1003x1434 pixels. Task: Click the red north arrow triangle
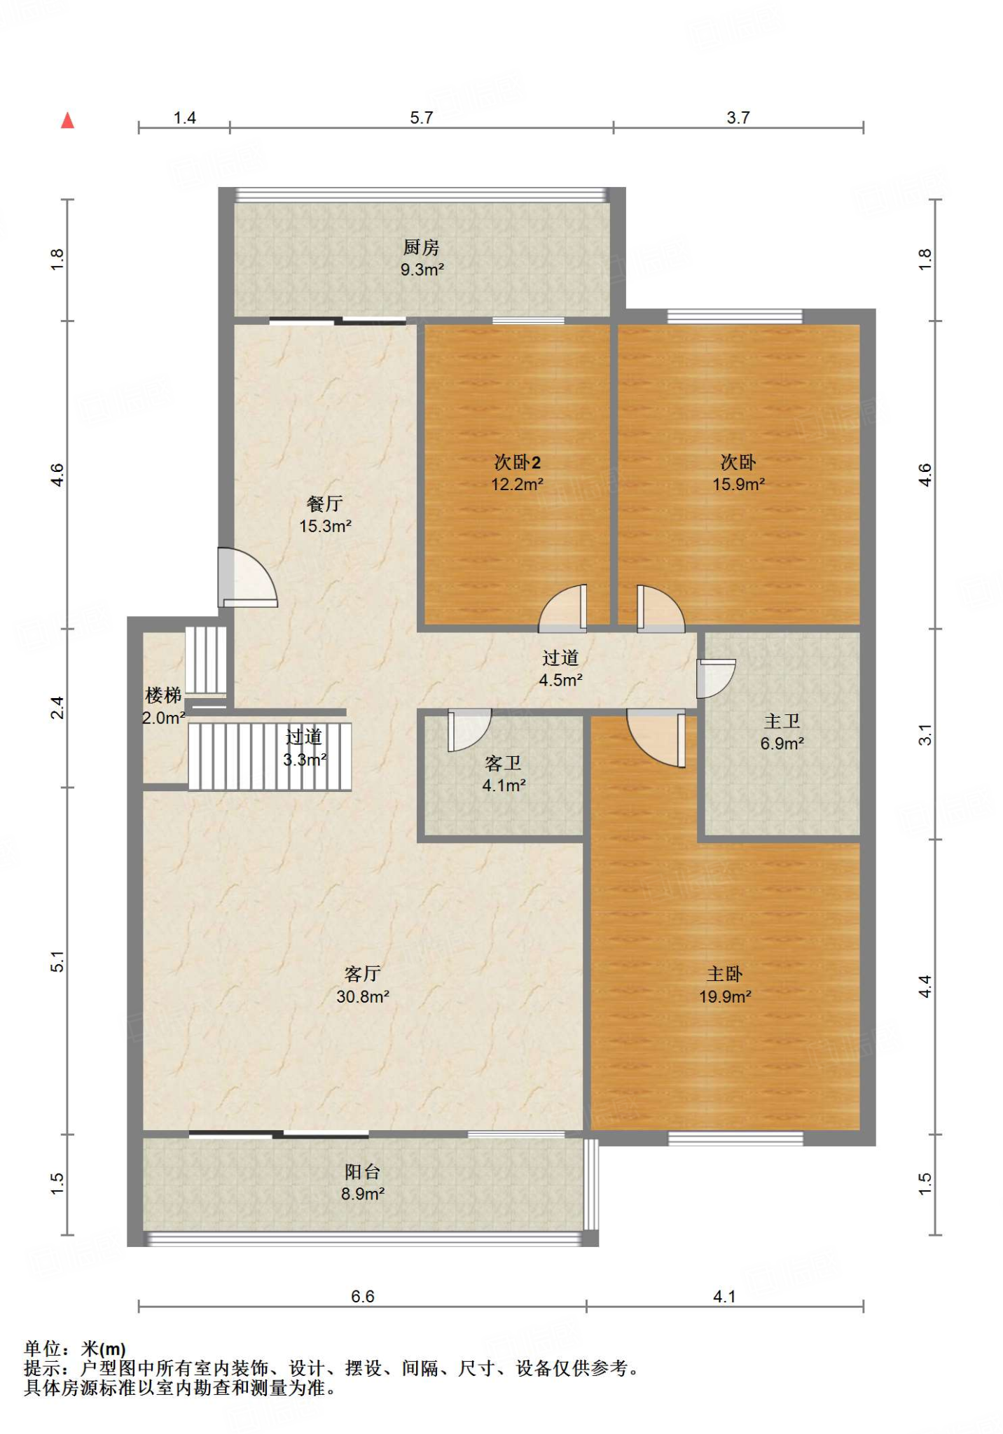tap(67, 120)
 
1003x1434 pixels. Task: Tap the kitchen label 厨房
tap(421, 247)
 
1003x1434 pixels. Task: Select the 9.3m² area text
tap(422, 270)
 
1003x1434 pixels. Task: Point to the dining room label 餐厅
tap(325, 503)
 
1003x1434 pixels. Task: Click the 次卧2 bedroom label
tap(518, 462)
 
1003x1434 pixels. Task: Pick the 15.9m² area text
tap(739, 484)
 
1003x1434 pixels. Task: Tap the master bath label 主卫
tap(782, 721)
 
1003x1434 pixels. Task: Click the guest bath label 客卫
tap(503, 763)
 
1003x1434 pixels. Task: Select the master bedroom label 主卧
tap(725, 973)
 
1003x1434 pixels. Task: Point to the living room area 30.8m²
tap(363, 996)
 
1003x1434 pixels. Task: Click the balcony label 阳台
tap(363, 1171)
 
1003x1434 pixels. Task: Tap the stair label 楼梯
tap(163, 695)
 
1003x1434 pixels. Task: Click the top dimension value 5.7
tap(422, 118)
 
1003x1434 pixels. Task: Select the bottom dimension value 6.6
tap(363, 1297)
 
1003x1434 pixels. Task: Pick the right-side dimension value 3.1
tap(925, 735)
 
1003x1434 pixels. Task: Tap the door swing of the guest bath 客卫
tap(469, 730)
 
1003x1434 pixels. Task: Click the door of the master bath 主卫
tap(716, 678)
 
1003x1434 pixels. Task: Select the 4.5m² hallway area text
tap(561, 680)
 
